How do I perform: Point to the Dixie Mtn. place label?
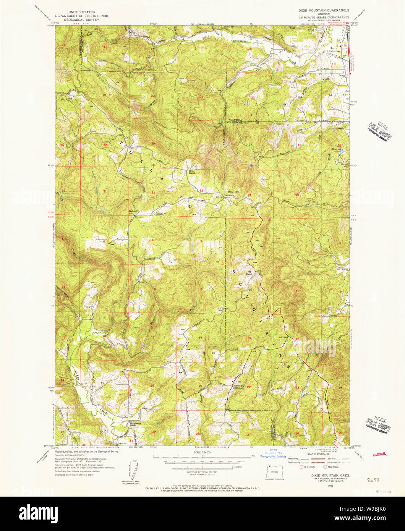coord(233,191)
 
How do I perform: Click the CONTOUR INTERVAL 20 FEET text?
coord(202,472)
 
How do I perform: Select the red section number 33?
coord(201,190)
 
